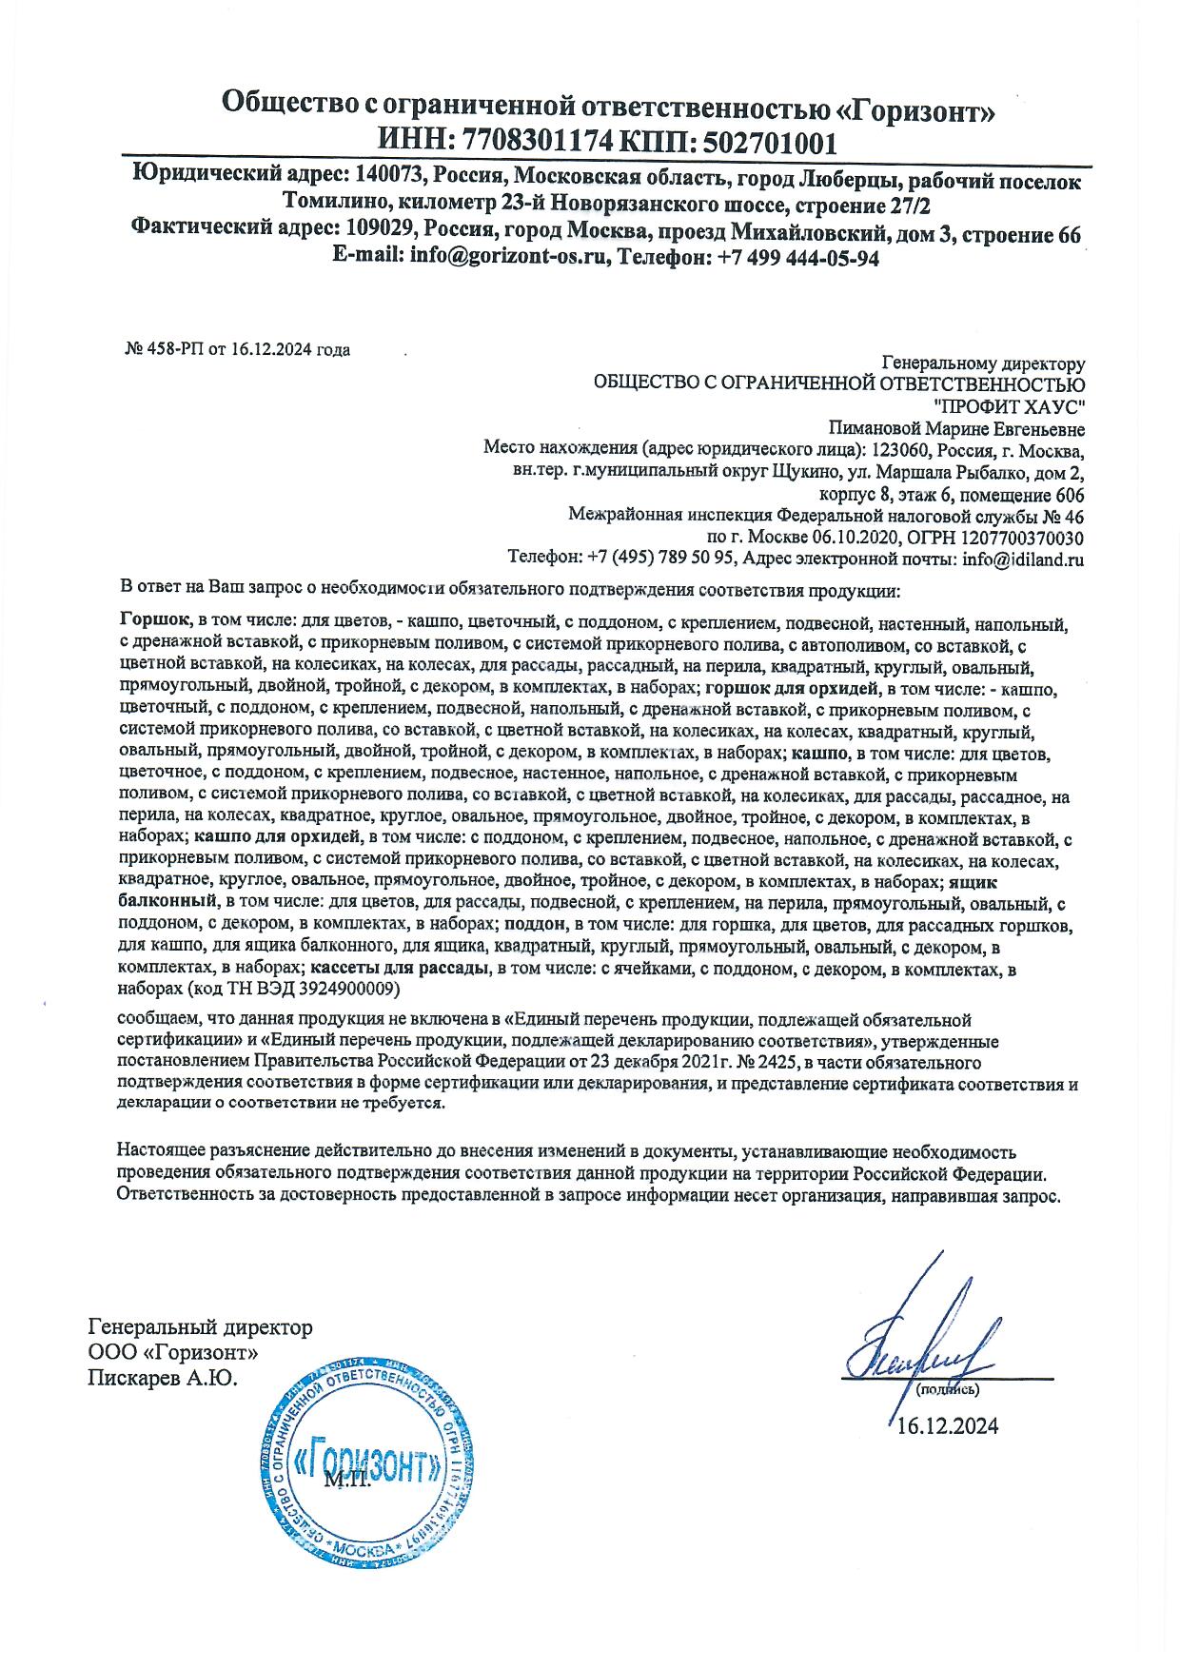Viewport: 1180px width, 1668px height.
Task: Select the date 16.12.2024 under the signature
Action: (948, 1426)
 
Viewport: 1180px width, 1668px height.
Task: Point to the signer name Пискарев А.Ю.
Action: (162, 1378)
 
